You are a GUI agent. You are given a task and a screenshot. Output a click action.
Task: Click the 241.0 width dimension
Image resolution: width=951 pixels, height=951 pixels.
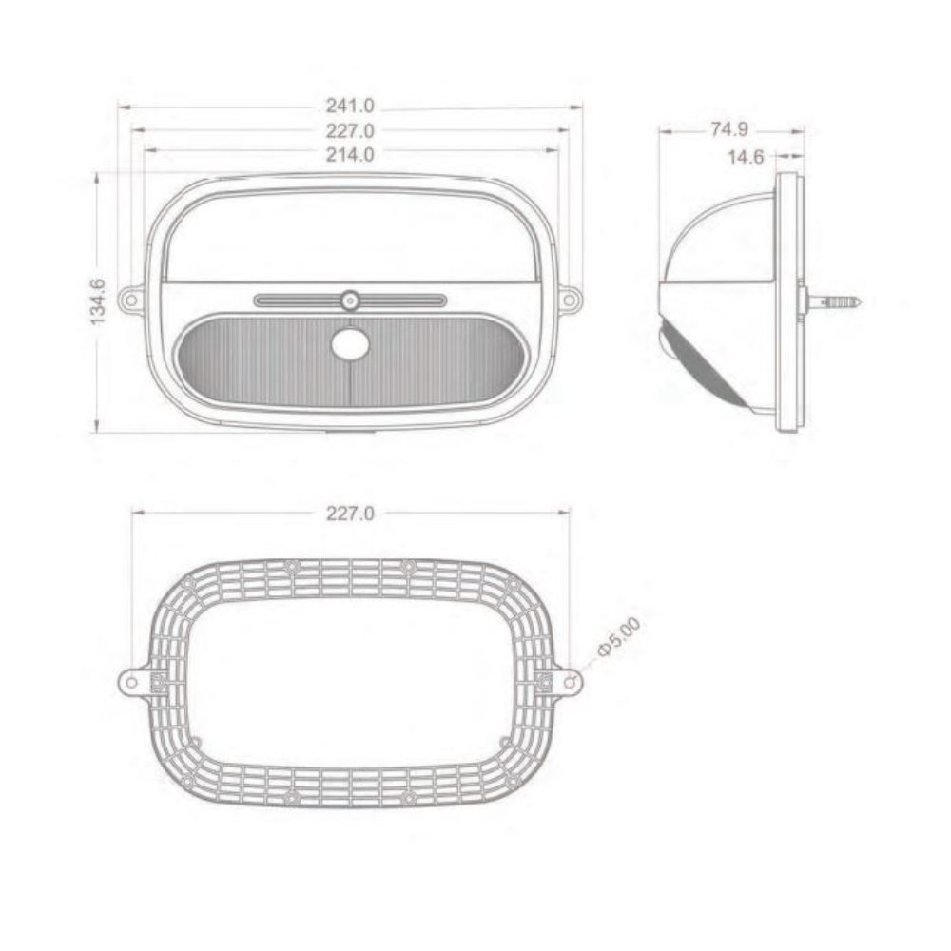[x=350, y=107]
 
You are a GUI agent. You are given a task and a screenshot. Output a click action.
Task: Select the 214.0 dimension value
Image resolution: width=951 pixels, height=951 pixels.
[x=350, y=155]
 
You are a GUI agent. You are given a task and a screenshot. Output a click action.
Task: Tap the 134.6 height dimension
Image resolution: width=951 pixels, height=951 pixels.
[x=98, y=301]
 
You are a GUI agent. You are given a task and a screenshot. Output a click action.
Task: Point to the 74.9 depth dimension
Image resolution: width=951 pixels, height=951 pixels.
[x=729, y=129]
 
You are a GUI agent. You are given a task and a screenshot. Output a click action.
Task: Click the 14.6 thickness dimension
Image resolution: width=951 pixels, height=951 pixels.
[x=746, y=157]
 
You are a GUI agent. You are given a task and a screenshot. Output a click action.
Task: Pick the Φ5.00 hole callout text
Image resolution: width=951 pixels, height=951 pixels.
[x=618, y=636]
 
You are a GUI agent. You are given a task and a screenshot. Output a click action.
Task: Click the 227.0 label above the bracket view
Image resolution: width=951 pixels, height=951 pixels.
[x=350, y=514]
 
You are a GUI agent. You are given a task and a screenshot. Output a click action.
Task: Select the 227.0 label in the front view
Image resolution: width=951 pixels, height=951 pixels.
[x=350, y=131]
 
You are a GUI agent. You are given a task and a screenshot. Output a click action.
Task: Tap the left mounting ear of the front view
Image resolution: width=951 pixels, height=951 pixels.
[x=131, y=299]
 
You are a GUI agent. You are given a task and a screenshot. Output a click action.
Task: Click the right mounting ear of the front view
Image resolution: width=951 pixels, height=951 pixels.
[x=569, y=299]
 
